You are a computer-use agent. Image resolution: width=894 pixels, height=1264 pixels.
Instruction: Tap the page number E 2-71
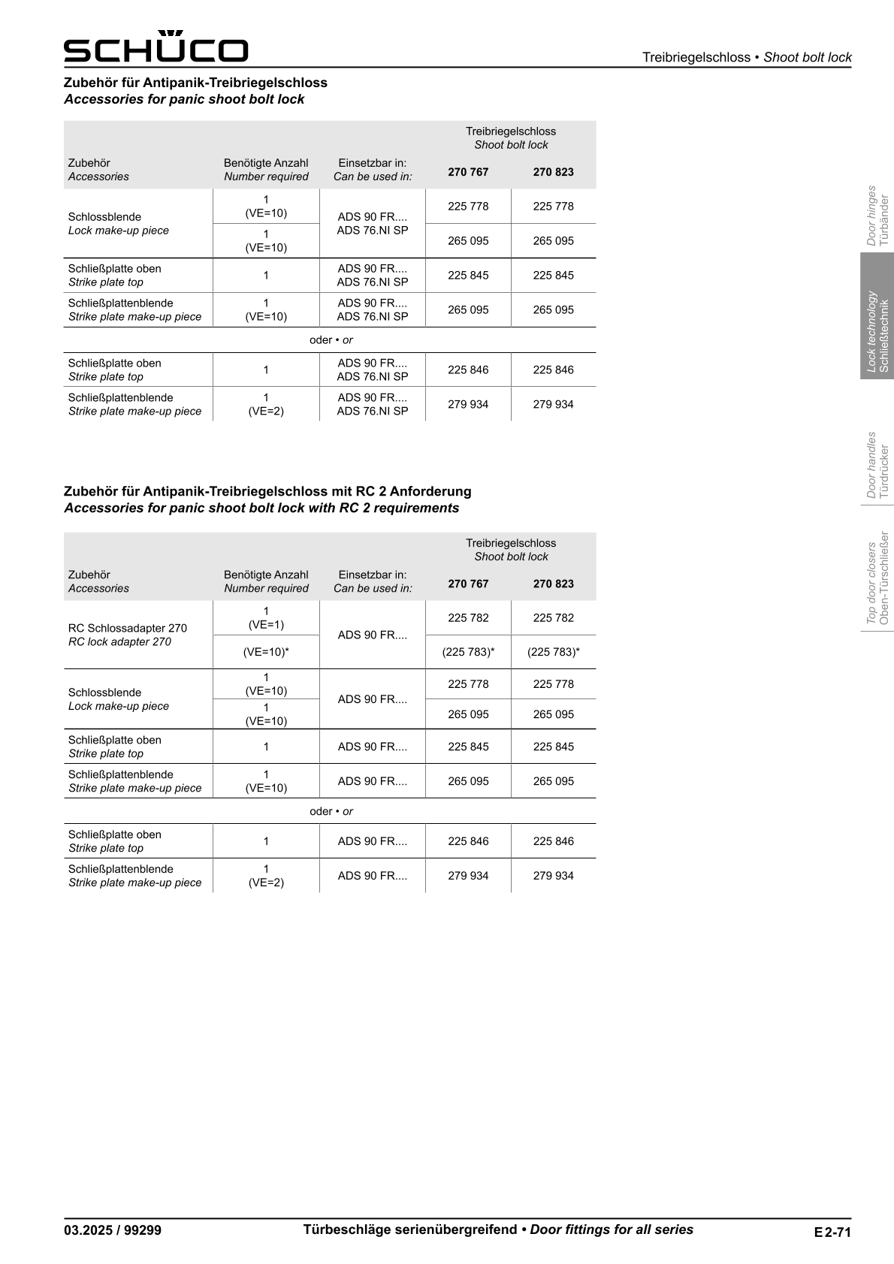click(x=832, y=1232)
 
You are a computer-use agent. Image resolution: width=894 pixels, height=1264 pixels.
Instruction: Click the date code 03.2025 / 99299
click(x=113, y=1230)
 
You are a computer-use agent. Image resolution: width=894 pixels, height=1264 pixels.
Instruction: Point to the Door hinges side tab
click(x=877, y=216)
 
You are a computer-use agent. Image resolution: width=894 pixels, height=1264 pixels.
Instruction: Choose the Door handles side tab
click(x=877, y=465)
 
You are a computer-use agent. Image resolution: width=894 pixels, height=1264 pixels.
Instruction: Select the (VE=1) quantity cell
click(x=266, y=618)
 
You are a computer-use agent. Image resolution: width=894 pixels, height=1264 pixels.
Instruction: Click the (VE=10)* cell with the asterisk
click(x=266, y=652)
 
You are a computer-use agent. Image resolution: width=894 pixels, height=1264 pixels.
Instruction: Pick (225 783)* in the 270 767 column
click(x=468, y=652)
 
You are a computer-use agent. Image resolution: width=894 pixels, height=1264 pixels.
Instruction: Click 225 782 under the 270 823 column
click(x=553, y=618)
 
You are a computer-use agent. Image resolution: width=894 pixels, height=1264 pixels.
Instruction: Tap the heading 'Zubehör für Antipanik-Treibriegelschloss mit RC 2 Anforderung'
click(x=267, y=491)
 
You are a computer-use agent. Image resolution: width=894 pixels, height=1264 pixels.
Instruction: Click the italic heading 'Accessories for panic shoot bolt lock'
click(x=184, y=99)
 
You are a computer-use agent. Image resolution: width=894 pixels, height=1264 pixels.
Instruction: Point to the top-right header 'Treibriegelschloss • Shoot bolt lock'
click(x=747, y=57)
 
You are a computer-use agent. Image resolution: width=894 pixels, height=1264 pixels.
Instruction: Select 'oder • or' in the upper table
click(x=331, y=340)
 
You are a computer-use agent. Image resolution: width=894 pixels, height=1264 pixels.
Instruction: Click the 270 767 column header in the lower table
click(x=468, y=584)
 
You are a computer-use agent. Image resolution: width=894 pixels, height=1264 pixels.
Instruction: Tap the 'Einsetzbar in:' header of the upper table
click(x=373, y=163)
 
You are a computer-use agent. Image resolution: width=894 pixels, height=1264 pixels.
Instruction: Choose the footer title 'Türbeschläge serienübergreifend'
click(x=410, y=1229)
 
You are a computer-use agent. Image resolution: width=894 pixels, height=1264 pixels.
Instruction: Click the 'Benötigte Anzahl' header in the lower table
click(x=266, y=575)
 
